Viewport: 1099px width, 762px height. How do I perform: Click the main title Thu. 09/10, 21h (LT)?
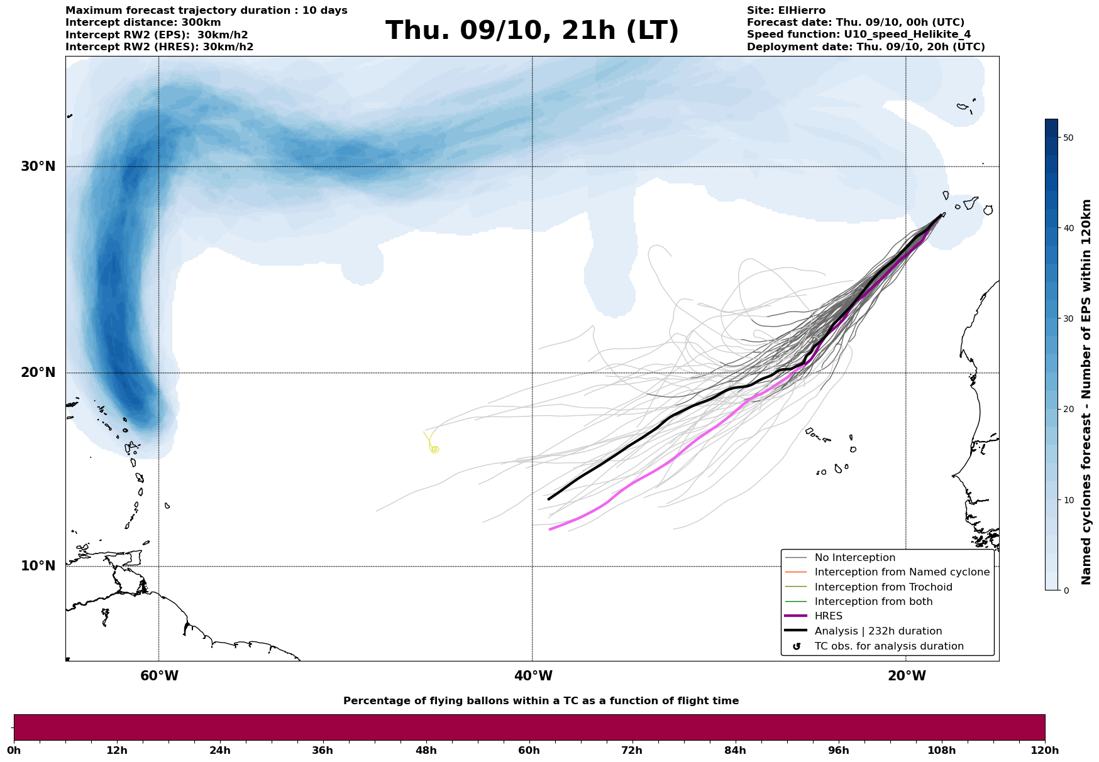(x=532, y=31)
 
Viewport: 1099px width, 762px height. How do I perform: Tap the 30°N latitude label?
(x=38, y=166)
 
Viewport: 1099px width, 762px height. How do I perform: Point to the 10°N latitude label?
(x=38, y=566)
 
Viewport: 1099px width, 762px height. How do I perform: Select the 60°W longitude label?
(x=159, y=676)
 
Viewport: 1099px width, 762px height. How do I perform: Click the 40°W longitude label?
(x=533, y=676)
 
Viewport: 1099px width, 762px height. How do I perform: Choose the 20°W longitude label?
(x=907, y=676)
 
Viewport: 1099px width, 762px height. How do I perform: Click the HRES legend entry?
(x=828, y=616)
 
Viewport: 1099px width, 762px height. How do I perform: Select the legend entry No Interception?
(x=854, y=558)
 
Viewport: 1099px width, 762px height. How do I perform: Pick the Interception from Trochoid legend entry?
(x=883, y=587)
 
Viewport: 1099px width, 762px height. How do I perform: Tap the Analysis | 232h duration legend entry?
(x=878, y=631)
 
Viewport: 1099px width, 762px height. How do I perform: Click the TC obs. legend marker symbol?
(x=797, y=646)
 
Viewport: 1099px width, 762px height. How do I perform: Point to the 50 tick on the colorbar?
(x=1068, y=138)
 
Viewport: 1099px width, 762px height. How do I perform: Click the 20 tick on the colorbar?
(x=1068, y=410)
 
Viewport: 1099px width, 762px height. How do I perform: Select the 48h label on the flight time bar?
(x=426, y=751)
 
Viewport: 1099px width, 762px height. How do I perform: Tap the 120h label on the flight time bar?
(x=1045, y=751)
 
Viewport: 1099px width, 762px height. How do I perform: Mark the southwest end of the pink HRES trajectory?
(x=549, y=530)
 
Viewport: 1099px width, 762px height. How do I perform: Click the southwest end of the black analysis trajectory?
(x=549, y=499)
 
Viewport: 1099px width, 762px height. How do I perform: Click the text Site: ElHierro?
(x=786, y=11)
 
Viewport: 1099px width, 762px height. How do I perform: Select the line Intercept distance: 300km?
(x=143, y=23)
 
